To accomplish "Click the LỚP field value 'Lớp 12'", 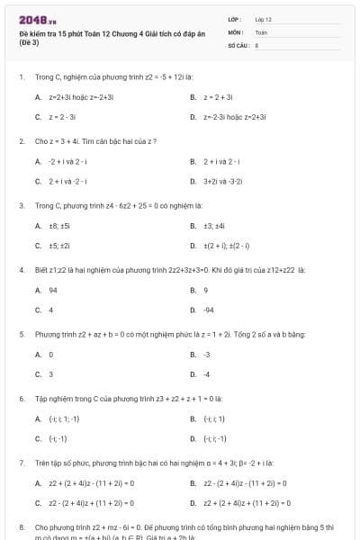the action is (x=263, y=19).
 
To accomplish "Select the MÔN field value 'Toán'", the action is (x=261, y=31).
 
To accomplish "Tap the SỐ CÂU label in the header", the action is (x=237, y=43).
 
